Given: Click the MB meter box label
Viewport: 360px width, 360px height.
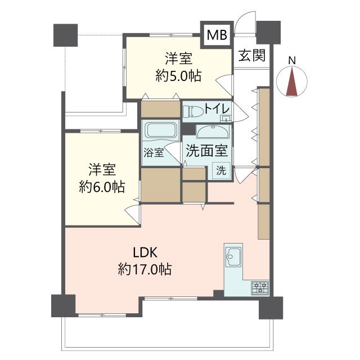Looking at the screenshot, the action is click(217, 35).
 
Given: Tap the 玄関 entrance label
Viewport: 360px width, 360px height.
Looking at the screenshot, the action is click(252, 55).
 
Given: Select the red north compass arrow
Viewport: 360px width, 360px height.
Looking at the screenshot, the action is click(292, 81).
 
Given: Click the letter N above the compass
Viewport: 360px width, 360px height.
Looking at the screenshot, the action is click(292, 60).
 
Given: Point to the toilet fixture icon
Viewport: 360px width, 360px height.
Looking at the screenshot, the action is click(193, 111).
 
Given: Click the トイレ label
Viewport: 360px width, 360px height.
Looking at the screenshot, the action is click(217, 109).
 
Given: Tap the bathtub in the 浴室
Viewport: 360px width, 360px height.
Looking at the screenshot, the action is click(160, 130).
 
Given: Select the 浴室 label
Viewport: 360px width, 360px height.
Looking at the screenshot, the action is click(154, 152).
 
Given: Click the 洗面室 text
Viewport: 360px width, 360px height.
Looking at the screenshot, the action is click(206, 151).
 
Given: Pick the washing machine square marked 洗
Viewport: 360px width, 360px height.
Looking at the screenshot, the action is click(221, 170).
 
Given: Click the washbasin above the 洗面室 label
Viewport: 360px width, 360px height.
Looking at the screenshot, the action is click(213, 132).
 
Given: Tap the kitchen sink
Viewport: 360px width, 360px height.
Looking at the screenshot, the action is click(233, 256).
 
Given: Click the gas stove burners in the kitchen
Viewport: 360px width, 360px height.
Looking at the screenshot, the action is click(260, 287).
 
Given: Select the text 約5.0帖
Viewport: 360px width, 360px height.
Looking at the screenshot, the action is click(178, 76).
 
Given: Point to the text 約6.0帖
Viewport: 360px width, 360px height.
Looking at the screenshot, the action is click(102, 187).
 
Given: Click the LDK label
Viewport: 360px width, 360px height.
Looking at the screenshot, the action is click(145, 253).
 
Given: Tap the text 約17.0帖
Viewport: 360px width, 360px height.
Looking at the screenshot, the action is click(145, 269).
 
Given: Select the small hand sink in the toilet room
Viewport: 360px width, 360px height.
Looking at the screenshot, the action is click(226, 119).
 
